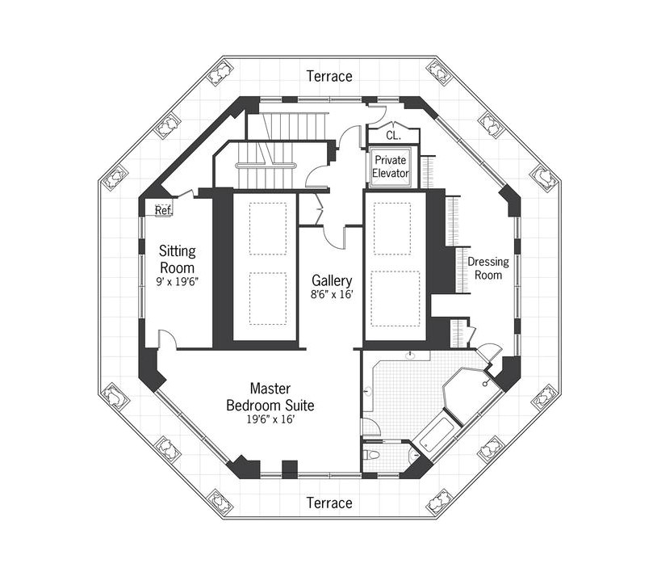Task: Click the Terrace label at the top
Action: pos(329,76)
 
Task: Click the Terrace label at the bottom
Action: pos(329,503)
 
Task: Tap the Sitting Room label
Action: pos(177,259)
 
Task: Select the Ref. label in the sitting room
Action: pos(163,210)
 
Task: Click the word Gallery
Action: pos(332,280)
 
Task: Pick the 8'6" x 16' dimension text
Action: pos(332,296)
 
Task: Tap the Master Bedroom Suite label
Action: pos(270,397)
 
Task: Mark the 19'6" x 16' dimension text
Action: pos(270,420)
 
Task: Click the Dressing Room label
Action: pos(485,268)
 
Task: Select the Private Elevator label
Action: pos(391,166)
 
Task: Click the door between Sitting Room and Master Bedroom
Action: pos(167,340)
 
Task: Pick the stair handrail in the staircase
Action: pos(266,165)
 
